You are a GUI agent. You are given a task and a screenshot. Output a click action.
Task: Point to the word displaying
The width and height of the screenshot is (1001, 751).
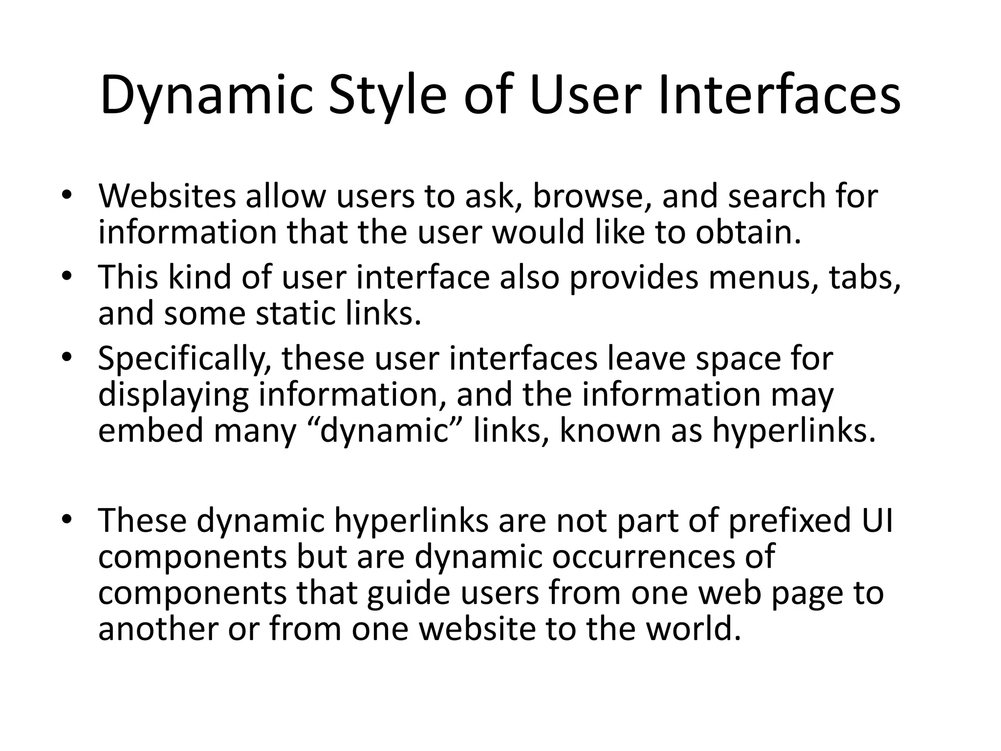pos(174,395)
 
